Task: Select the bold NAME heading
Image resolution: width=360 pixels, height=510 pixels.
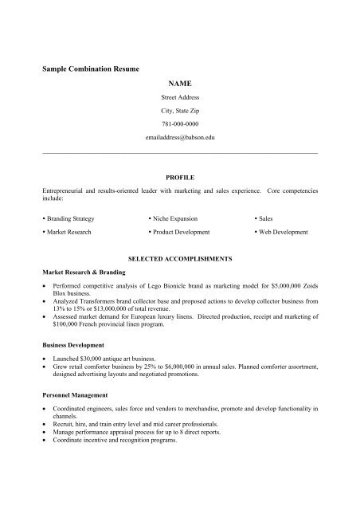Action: (180, 83)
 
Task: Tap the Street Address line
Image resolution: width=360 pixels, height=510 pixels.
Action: (180, 96)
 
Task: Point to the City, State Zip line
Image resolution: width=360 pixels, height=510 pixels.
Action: (180, 111)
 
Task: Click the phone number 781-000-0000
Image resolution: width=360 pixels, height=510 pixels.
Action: (180, 124)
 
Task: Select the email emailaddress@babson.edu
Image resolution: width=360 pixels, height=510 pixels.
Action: (180, 138)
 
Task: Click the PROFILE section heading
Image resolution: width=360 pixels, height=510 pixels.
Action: (180, 177)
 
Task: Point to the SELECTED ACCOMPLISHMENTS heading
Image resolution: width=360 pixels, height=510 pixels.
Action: (180, 259)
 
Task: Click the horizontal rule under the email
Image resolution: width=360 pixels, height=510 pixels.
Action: (180, 152)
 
